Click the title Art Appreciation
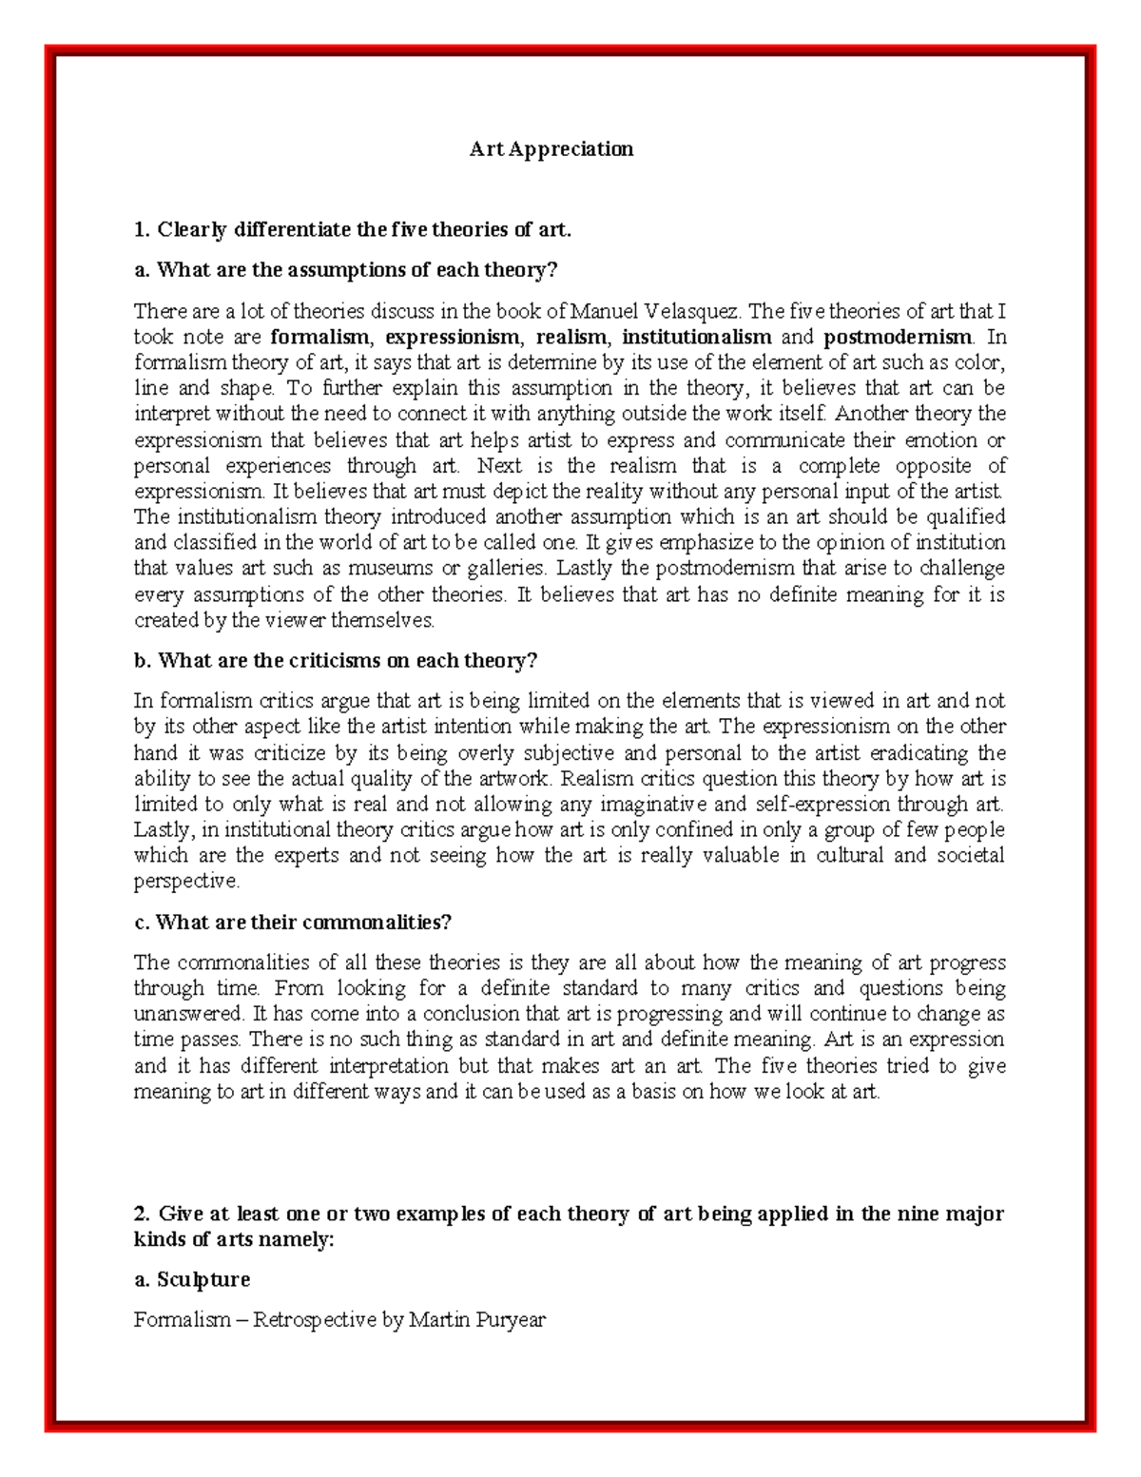click(551, 149)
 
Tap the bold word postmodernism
click(898, 337)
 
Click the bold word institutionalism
click(696, 337)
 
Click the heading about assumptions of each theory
click(345, 270)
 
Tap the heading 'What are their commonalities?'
click(293, 923)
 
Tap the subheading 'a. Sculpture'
click(192, 1280)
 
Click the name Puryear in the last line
click(512, 1320)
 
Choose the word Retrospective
click(314, 1320)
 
